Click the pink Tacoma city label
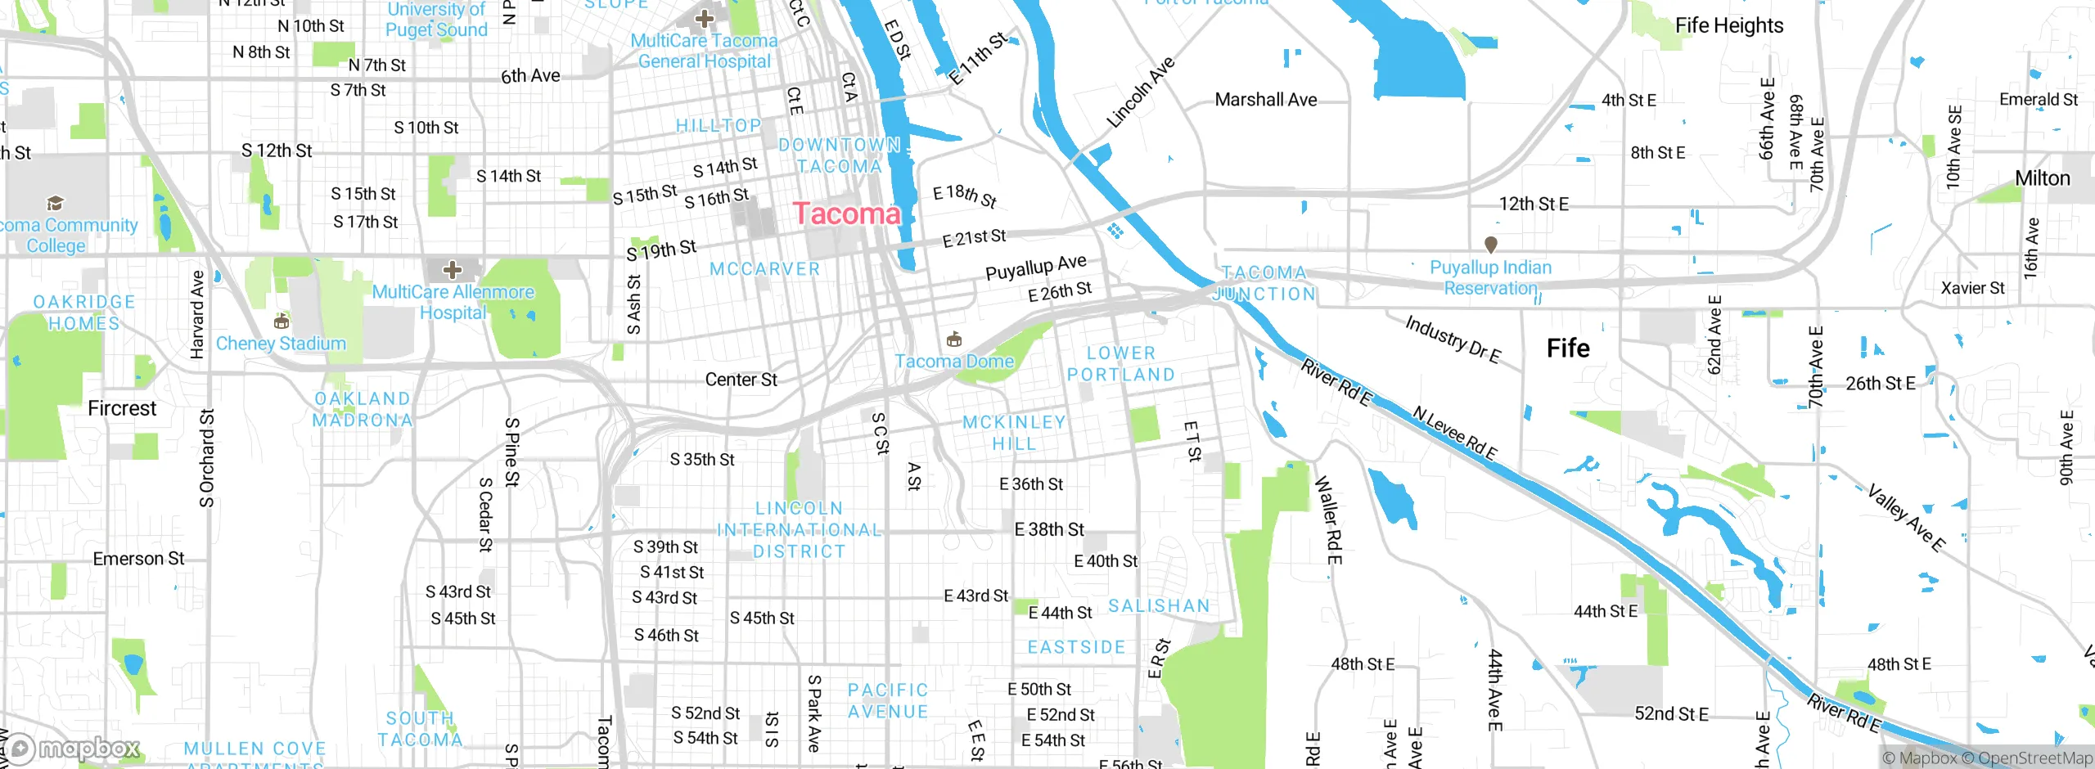coord(846,214)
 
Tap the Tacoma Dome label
coord(954,361)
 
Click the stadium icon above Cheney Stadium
coord(282,320)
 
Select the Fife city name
coord(1568,349)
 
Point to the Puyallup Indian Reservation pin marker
coord(1491,244)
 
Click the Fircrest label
coord(122,408)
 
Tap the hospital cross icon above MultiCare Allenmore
coord(453,269)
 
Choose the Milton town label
coord(2042,178)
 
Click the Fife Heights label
coord(1728,25)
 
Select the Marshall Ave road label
coord(1266,100)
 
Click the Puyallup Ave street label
coord(1035,267)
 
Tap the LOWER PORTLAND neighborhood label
coord(1120,364)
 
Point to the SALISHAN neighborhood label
coord(1159,606)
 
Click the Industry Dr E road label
coord(1453,339)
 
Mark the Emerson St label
coord(138,559)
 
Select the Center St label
coord(741,380)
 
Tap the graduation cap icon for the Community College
coord(55,203)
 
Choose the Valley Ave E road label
coord(1906,518)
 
